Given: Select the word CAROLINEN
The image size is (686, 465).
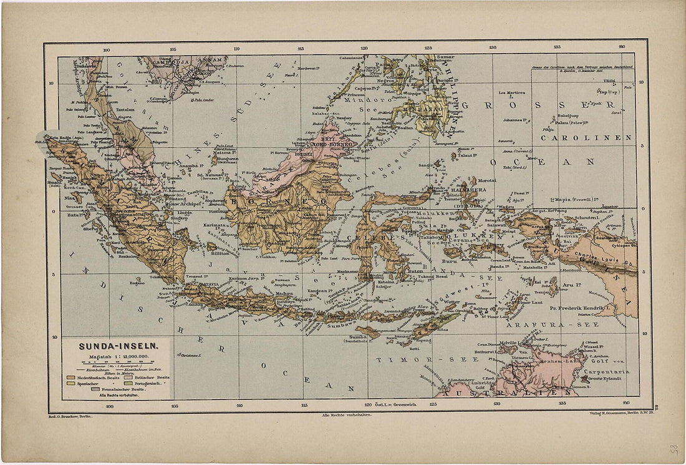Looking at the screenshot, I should (x=586, y=137).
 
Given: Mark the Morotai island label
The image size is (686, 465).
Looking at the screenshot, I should (x=487, y=180).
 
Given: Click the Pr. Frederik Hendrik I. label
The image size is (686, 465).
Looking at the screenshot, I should (x=579, y=308).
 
